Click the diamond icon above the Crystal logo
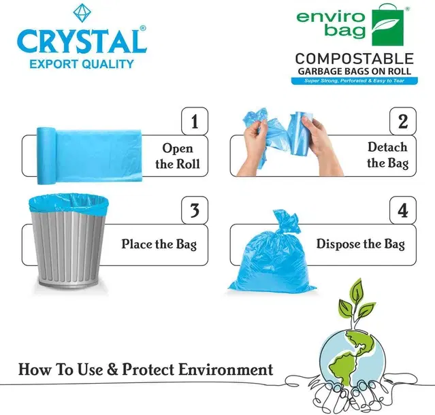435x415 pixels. [82, 13]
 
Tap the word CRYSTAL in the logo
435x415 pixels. [82, 41]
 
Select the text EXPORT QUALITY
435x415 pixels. [82, 64]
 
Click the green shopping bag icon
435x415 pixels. [387, 25]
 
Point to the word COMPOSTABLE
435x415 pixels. [354, 59]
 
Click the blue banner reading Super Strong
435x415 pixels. [354, 81]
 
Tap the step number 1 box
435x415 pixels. [195, 121]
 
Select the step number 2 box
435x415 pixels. [403, 121]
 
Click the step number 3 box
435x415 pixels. [195, 210]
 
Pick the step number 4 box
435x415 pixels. [403, 210]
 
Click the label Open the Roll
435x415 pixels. [178, 156]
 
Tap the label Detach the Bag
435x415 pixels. [387, 155]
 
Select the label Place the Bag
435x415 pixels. [159, 244]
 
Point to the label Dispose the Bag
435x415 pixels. [360, 244]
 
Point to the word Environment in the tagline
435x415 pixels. [225, 369]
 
